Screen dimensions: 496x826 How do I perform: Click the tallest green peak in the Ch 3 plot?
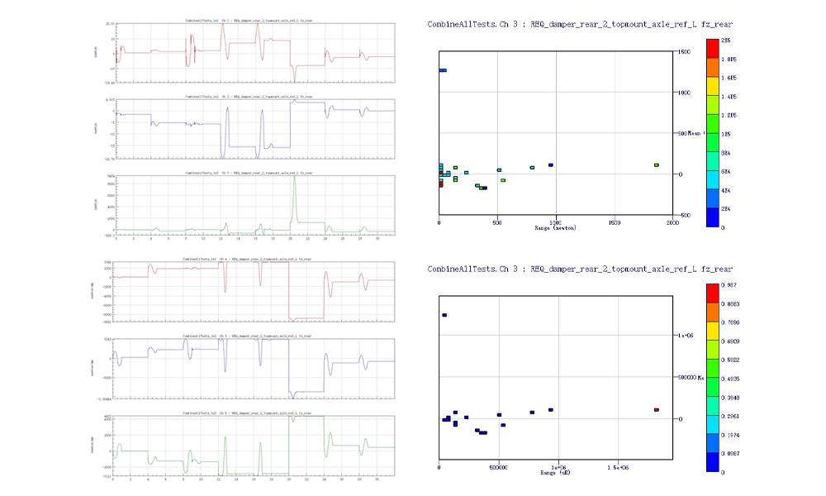coord(294,177)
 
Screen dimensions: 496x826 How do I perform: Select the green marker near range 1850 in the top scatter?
coord(657,165)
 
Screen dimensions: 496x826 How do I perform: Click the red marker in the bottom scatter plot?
coord(657,409)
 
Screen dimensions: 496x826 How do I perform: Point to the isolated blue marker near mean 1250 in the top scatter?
coord(443,70)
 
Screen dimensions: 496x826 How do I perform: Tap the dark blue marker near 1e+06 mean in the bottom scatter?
coord(444,315)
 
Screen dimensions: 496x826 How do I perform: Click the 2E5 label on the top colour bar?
coord(726,40)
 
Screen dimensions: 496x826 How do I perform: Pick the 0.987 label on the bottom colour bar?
coord(728,284)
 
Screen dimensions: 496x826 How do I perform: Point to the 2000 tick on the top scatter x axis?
coord(672,222)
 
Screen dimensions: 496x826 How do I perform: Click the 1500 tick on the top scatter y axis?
coord(683,52)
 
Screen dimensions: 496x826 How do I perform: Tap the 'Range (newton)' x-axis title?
coord(555,227)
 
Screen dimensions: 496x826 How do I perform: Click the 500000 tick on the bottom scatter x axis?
coord(497,467)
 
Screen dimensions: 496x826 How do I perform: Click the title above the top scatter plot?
coord(580,25)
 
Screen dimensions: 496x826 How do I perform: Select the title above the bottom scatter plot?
coord(580,269)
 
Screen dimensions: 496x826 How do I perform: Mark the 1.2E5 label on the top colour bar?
coord(728,115)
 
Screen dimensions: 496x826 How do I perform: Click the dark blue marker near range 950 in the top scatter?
coord(551,165)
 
